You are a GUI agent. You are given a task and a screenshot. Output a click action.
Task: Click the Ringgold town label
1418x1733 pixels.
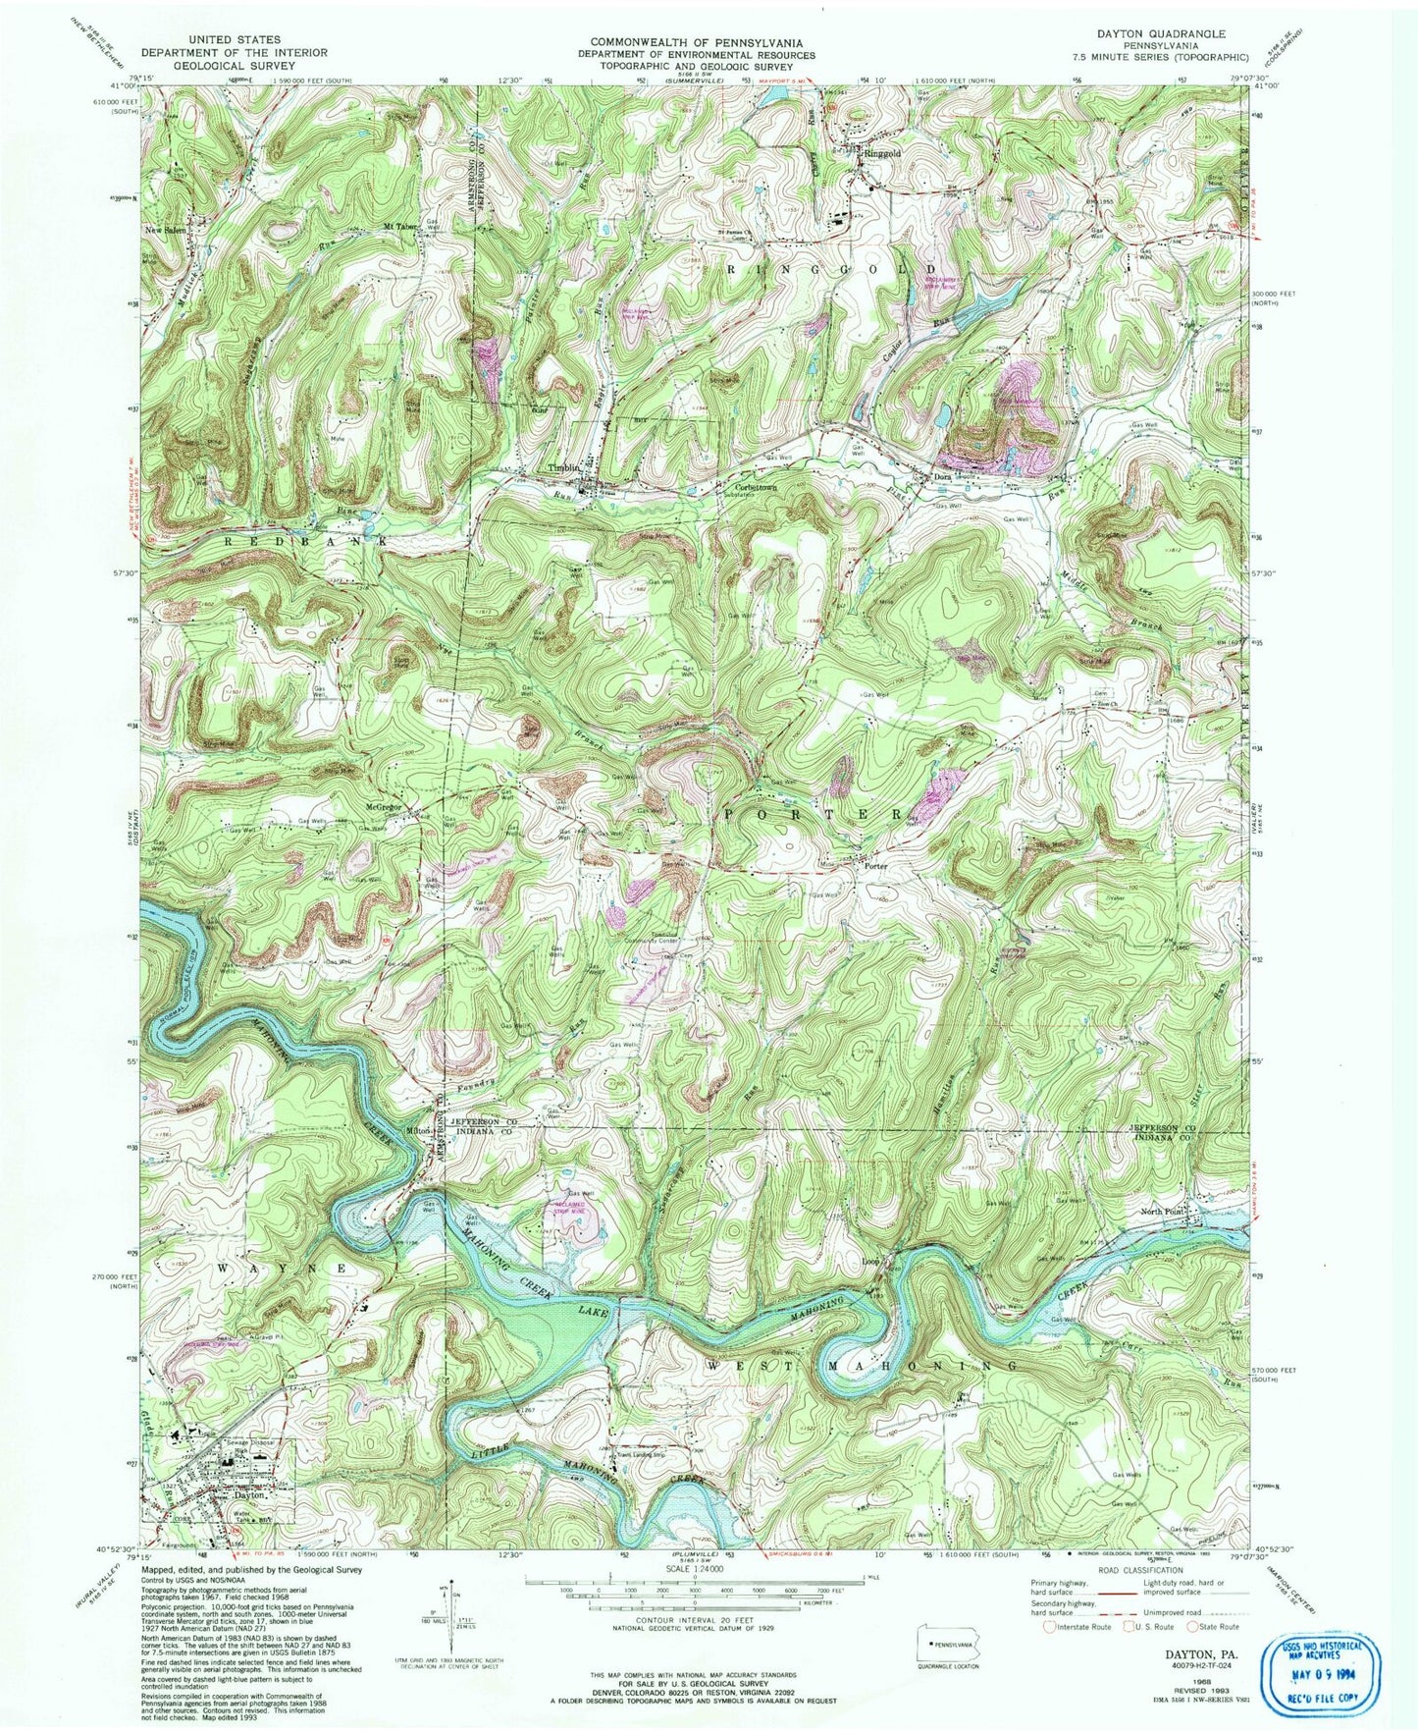pos(881,154)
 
